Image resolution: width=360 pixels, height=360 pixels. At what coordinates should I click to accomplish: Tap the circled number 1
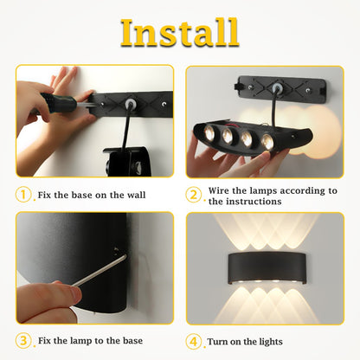(x=24, y=195)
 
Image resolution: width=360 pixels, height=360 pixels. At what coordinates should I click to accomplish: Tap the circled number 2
(x=195, y=195)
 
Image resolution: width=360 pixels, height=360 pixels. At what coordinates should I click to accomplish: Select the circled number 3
(x=24, y=341)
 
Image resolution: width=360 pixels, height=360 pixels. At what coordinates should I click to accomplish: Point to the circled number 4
(x=195, y=341)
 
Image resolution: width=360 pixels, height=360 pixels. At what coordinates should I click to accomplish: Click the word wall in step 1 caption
(x=132, y=196)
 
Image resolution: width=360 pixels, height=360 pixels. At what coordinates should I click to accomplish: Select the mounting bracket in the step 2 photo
(x=280, y=88)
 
